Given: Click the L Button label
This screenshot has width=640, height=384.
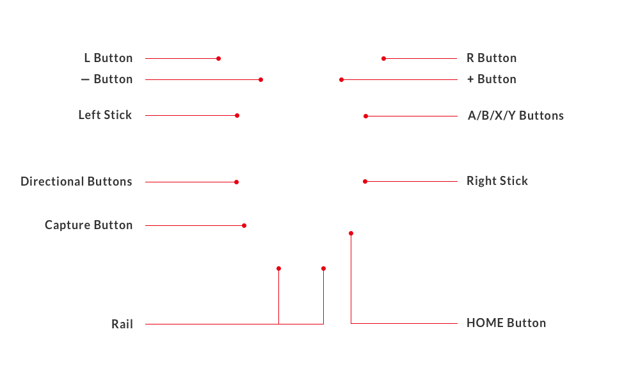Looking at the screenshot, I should click(108, 58).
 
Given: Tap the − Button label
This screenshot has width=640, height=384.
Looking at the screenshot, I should click(107, 79).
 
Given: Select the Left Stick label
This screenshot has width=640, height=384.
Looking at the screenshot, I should click(105, 115).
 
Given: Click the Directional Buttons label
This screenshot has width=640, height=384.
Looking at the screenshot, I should click(76, 181).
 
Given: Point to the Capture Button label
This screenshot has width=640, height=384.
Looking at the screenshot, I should click(88, 225).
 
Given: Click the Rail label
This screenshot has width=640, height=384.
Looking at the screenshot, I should click(122, 324).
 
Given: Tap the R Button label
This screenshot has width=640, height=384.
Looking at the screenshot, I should click(492, 58).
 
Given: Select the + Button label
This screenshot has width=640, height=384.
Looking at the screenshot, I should click(492, 79).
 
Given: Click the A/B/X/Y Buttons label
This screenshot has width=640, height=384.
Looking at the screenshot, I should click(516, 116).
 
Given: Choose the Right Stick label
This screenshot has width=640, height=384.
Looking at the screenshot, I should click(497, 181).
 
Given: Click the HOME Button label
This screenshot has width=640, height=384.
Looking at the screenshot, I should click(506, 323).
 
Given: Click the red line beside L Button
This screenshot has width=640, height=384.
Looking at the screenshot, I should click(183, 58).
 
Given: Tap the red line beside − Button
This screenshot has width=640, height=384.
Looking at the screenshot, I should click(204, 79).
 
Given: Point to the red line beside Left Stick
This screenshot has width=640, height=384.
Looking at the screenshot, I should click(192, 115).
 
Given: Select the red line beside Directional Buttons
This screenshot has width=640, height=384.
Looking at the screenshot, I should click(192, 182).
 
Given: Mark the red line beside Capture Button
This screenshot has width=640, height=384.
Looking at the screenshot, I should click(196, 225).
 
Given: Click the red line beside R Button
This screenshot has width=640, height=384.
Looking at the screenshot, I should click(419, 58).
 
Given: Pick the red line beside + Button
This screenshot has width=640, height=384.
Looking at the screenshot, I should click(398, 79).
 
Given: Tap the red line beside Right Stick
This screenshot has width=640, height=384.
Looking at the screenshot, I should click(410, 181).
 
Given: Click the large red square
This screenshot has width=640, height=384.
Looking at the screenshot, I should click(403, 277).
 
